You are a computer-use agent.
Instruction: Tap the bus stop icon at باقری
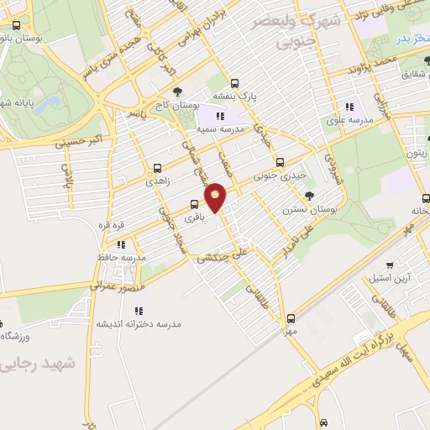pyautogui.click(x=195, y=203)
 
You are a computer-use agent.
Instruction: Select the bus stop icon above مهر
pyautogui.click(x=291, y=318)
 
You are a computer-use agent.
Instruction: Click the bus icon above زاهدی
pyautogui.click(x=159, y=168)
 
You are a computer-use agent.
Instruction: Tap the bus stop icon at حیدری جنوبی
pyautogui.click(x=281, y=162)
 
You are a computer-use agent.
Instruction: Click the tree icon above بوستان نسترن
pyautogui.click(x=310, y=196)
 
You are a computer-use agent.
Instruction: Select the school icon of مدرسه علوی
pyautogui.click(x=349, y=107)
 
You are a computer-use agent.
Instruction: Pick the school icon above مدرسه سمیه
pyautogui.click(x=220, y=117)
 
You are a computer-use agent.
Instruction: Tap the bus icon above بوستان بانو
pyautogui.click(x=18, y=24)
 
